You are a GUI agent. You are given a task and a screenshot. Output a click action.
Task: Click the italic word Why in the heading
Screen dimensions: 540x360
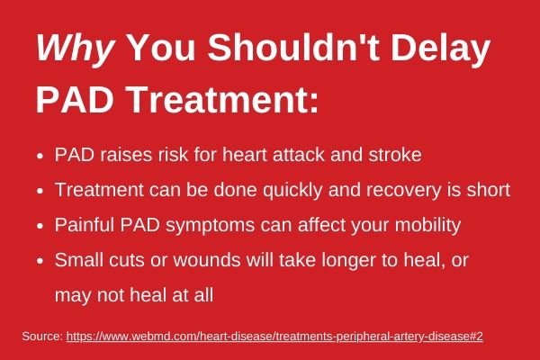pos(75,49)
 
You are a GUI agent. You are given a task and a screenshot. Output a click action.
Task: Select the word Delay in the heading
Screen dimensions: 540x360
pos(440,49)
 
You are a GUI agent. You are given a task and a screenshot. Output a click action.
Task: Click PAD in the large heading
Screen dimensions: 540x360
pos(75,99)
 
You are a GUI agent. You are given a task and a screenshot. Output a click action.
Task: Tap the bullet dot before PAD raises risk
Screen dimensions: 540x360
pos(40,156)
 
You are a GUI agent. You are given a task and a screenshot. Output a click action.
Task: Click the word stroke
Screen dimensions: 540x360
pos(395,154)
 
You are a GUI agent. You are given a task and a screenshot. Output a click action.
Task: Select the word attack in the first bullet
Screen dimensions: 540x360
pos(299,154)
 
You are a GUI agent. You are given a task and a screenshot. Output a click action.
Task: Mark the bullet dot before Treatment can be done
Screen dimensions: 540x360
pos(40,191)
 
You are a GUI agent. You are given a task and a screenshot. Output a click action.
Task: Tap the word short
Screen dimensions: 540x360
pos(489,190)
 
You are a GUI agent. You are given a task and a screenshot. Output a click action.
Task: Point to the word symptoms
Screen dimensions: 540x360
pos(210,226)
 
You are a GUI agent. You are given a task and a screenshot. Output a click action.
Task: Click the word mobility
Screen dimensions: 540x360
pos(427,226)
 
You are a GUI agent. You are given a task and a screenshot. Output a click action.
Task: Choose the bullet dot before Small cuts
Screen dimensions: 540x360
pos(40,261)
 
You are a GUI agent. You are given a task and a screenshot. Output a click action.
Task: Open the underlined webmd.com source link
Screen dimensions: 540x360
pos(274,337)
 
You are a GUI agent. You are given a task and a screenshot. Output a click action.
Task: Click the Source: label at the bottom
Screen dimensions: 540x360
pos(42,337)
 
